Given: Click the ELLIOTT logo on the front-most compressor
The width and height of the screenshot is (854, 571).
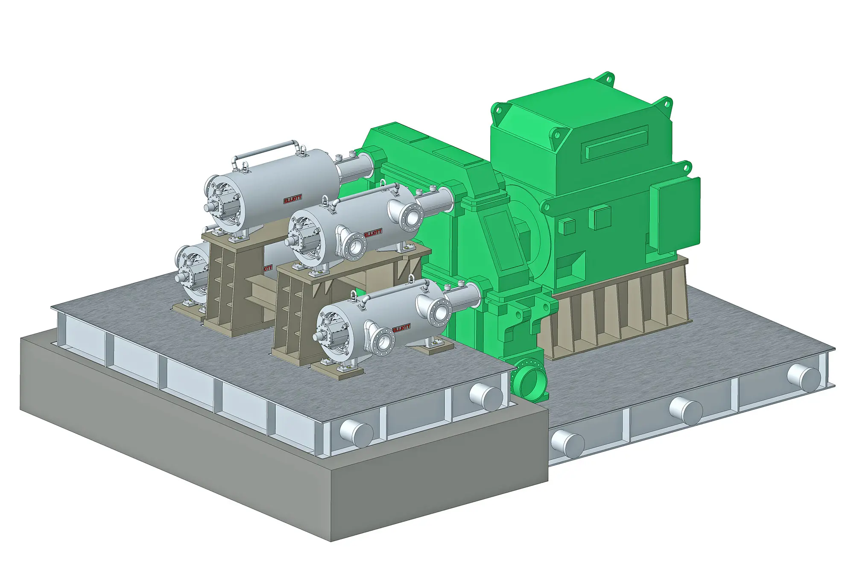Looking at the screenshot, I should click(401, 328).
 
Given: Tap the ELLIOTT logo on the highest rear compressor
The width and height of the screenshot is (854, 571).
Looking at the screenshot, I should click(293, 198).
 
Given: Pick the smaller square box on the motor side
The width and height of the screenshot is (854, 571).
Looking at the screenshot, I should click(567, 226).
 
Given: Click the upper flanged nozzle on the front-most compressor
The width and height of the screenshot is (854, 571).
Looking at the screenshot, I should click(439, 312).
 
